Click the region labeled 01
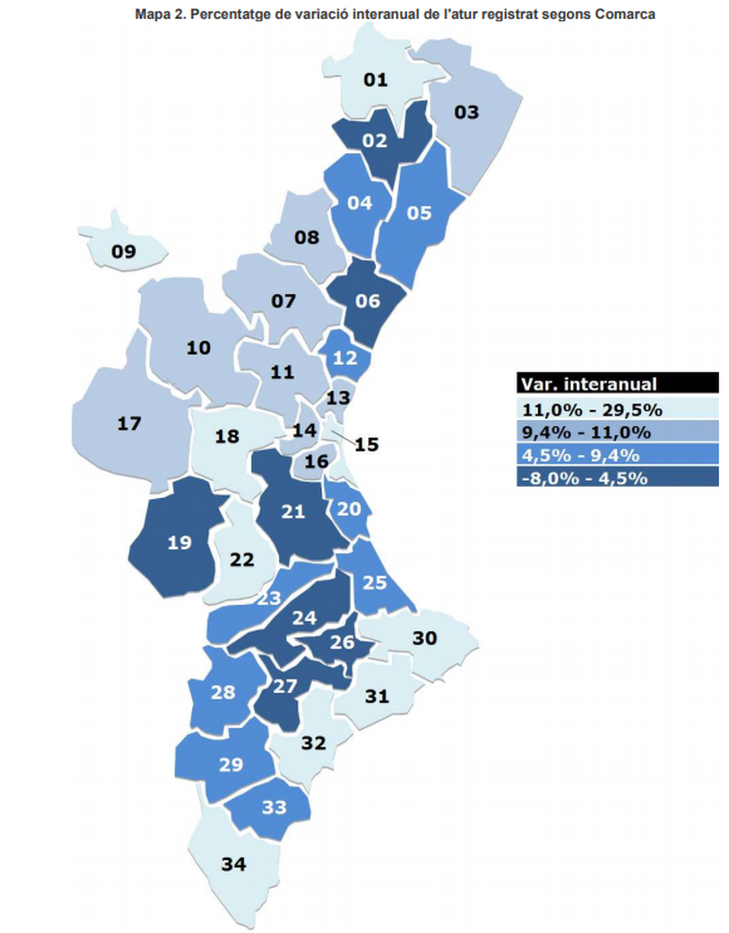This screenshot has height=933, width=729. pos(375,80)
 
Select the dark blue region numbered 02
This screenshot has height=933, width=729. pos(375,141)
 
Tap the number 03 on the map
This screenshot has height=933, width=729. pos(467,112)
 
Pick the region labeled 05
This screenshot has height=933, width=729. pos(419,213)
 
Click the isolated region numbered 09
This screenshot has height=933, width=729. pos(123,251)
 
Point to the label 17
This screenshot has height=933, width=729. pos(129,424)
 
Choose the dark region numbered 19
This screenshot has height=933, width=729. pos(179,543)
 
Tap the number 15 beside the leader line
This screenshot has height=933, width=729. pos(367,444)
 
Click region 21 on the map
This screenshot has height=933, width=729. pos(293,512)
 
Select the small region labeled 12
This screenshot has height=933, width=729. pos(345,358)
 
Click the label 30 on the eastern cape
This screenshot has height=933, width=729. pos(424,638)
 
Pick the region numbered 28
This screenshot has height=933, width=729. pos(223,692)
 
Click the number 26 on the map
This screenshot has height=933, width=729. pos(342,642)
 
